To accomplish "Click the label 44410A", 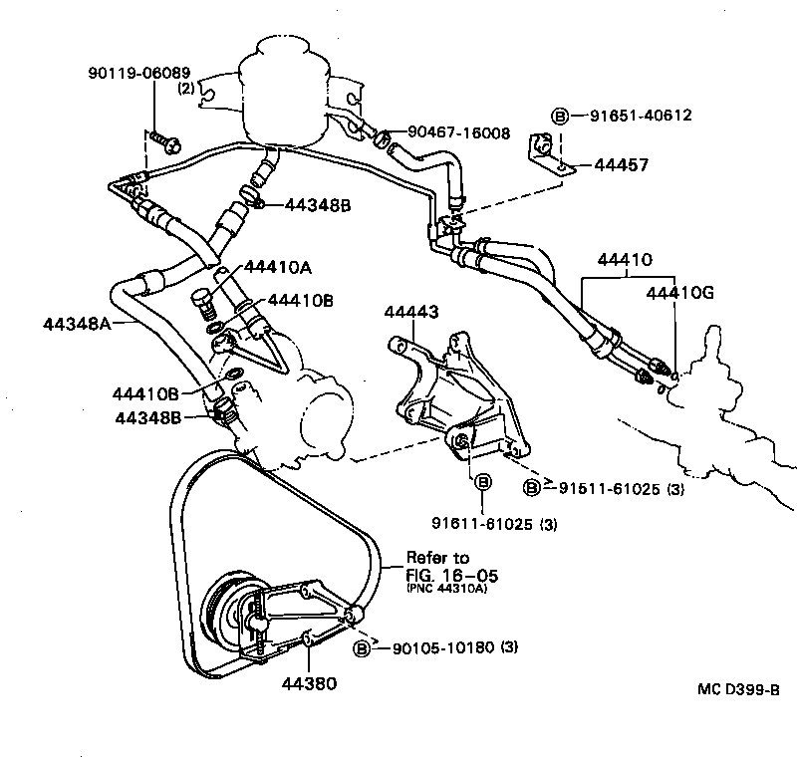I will pos(278,267).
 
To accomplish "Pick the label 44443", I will pos(411,313).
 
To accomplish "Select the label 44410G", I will pos(680,293).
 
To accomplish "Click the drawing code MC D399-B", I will pos(738,688).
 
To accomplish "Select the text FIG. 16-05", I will pos(451,575).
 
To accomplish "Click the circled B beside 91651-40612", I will pos(560,116).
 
